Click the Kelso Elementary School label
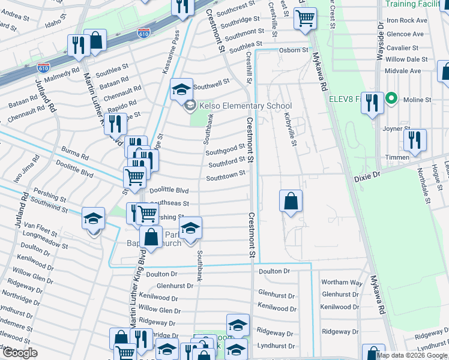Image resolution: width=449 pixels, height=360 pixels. pyautogui.click(x=245, y=106)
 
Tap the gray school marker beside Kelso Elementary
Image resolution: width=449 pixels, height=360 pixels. pyautogui.click(x=190, y=106)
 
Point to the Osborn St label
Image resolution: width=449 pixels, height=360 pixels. pyautogui.click(x=295, y=50)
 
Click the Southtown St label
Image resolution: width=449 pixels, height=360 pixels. pyautogui.click(x=225, y=175)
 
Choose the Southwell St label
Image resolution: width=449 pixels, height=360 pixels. pyautogui.click(x=211, y=81)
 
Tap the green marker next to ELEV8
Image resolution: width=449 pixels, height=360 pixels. pyautogui.click(x=392, y=98)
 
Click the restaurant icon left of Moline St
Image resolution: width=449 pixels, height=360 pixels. pyautogui.click(x=372, y=103)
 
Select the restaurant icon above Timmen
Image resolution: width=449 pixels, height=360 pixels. pyautogui.click(x=414, y=140)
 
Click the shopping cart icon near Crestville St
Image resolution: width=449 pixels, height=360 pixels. pyautogui.click(x=305, y=19)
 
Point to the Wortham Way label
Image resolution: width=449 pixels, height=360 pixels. pyautogui.click(x=342, y=282)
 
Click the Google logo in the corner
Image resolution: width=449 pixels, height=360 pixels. pyautogui.click(x=20, y=352)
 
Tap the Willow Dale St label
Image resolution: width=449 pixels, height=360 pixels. pyautogui.click(x=406, y=59)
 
